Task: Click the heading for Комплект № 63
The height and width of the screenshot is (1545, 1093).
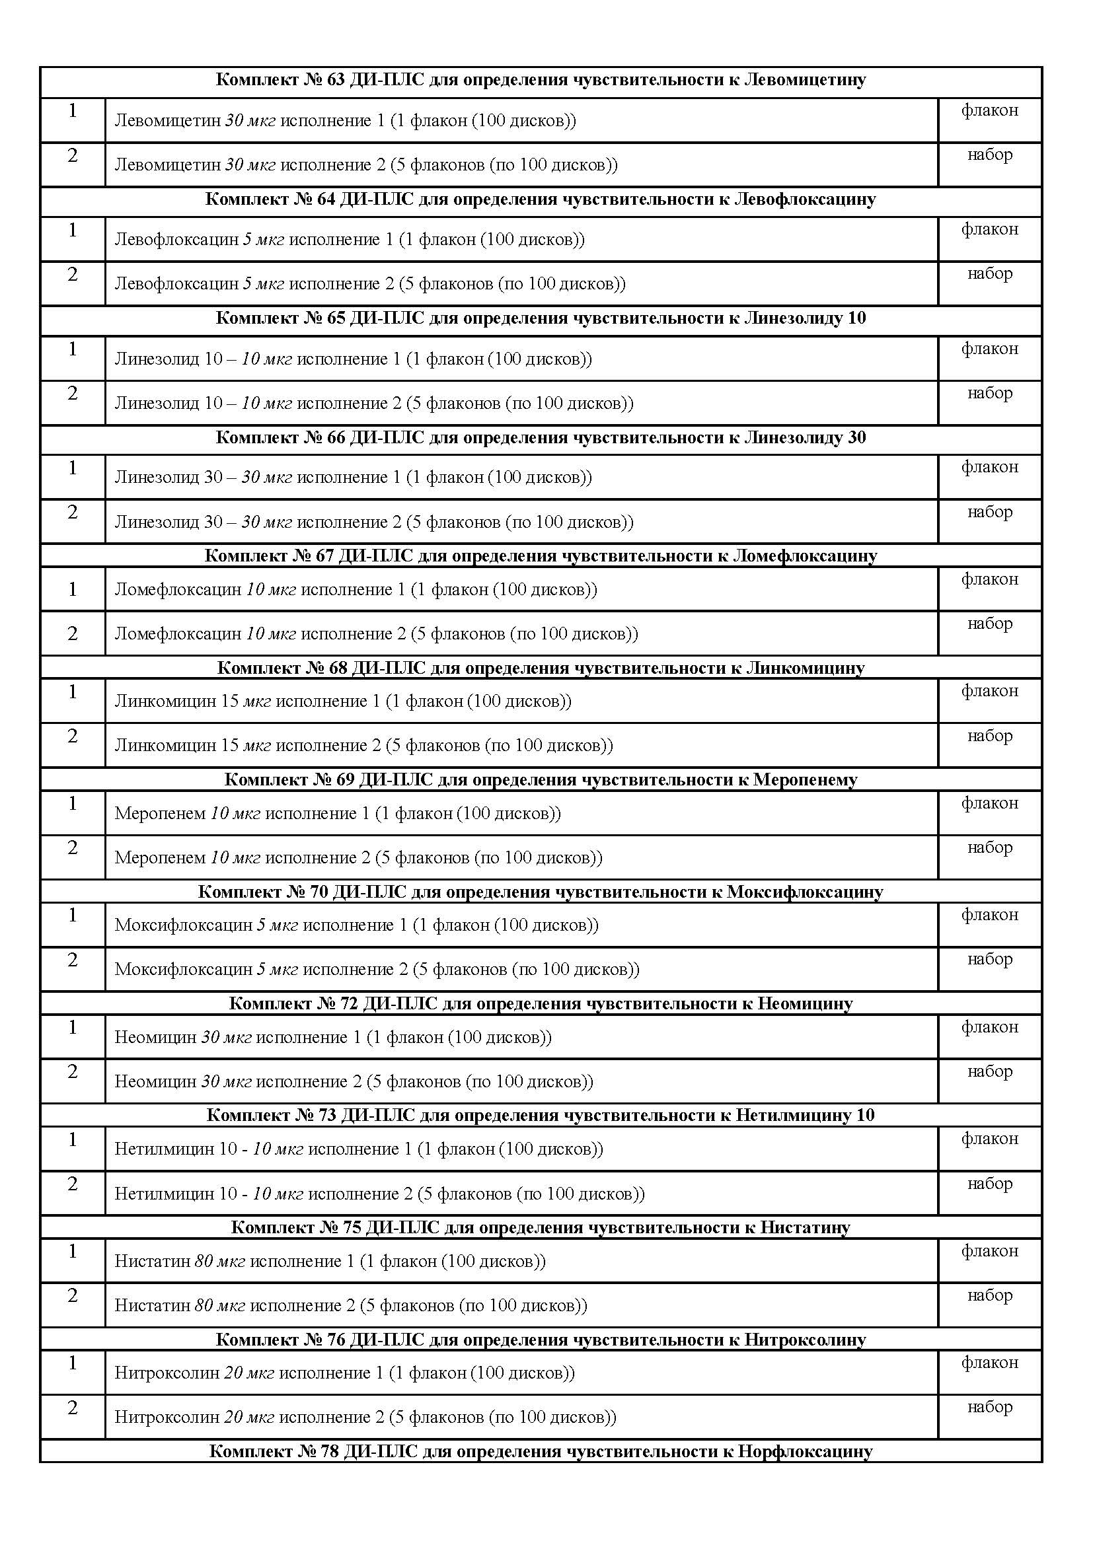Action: (x=541, y=80)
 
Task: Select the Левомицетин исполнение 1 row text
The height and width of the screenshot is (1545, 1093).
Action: (x=345, y=121)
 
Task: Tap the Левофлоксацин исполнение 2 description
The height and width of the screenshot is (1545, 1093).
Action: (x=369, y=284)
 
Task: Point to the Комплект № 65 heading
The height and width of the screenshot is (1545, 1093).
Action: (x=541, y=318)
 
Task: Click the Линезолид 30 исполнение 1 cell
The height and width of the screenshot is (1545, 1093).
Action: (x=353, y=478)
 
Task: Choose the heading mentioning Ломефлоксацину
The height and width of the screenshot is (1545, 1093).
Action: (x=541, y=556)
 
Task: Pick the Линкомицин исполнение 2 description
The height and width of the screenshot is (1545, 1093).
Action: (x=363, y=746)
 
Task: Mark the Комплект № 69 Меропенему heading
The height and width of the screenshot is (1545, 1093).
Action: (x=541, y=780)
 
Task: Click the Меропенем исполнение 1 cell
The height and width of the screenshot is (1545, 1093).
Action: (x=337, y=814)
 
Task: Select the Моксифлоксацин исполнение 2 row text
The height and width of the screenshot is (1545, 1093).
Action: (x=376, y=970)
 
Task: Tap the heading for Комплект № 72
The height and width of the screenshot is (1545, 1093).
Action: (x=541, y=1004)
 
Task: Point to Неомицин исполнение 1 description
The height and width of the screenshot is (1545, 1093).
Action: (x=332, y=1038)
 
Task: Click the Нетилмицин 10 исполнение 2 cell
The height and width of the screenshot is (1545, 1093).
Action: (x=379, y=1194)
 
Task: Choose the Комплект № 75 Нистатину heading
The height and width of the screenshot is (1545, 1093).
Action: (x=541, y=1228)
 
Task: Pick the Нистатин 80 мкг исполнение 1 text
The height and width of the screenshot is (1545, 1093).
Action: (x=330, y=1262)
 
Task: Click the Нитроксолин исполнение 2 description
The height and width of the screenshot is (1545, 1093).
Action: (x=365, y=1418)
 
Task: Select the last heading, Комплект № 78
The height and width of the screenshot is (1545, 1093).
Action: (x=541, y=1451)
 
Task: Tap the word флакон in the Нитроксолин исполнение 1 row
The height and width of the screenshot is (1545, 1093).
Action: (x=989, y=1363)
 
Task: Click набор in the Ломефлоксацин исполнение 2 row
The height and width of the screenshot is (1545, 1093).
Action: (x=989, y=624)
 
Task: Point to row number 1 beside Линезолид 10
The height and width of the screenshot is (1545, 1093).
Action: (x=73, y=349)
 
